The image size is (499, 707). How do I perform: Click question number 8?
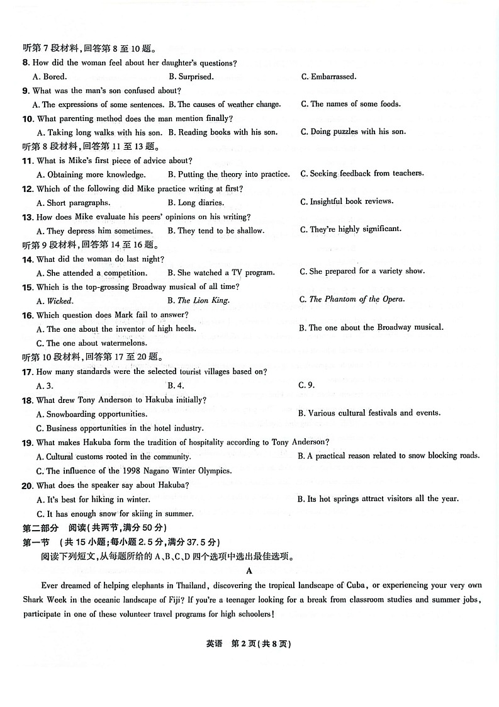(26, 62)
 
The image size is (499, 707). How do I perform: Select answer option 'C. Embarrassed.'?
(328, 77)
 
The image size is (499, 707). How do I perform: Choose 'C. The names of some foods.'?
(350, 104)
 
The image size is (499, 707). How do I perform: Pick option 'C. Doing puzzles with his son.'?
(353, 132)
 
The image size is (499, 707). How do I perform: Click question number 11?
(28, 161)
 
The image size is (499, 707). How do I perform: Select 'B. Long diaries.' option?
(196, 203)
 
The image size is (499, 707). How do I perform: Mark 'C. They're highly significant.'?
(350, 229)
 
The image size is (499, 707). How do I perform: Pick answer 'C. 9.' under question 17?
(306, 385)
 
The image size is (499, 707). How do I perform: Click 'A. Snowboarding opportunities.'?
(92, 414)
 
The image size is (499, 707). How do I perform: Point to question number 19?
(28, 443)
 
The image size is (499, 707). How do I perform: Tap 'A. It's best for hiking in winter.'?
(91, 499)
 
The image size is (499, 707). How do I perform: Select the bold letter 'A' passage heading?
(250, 571)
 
